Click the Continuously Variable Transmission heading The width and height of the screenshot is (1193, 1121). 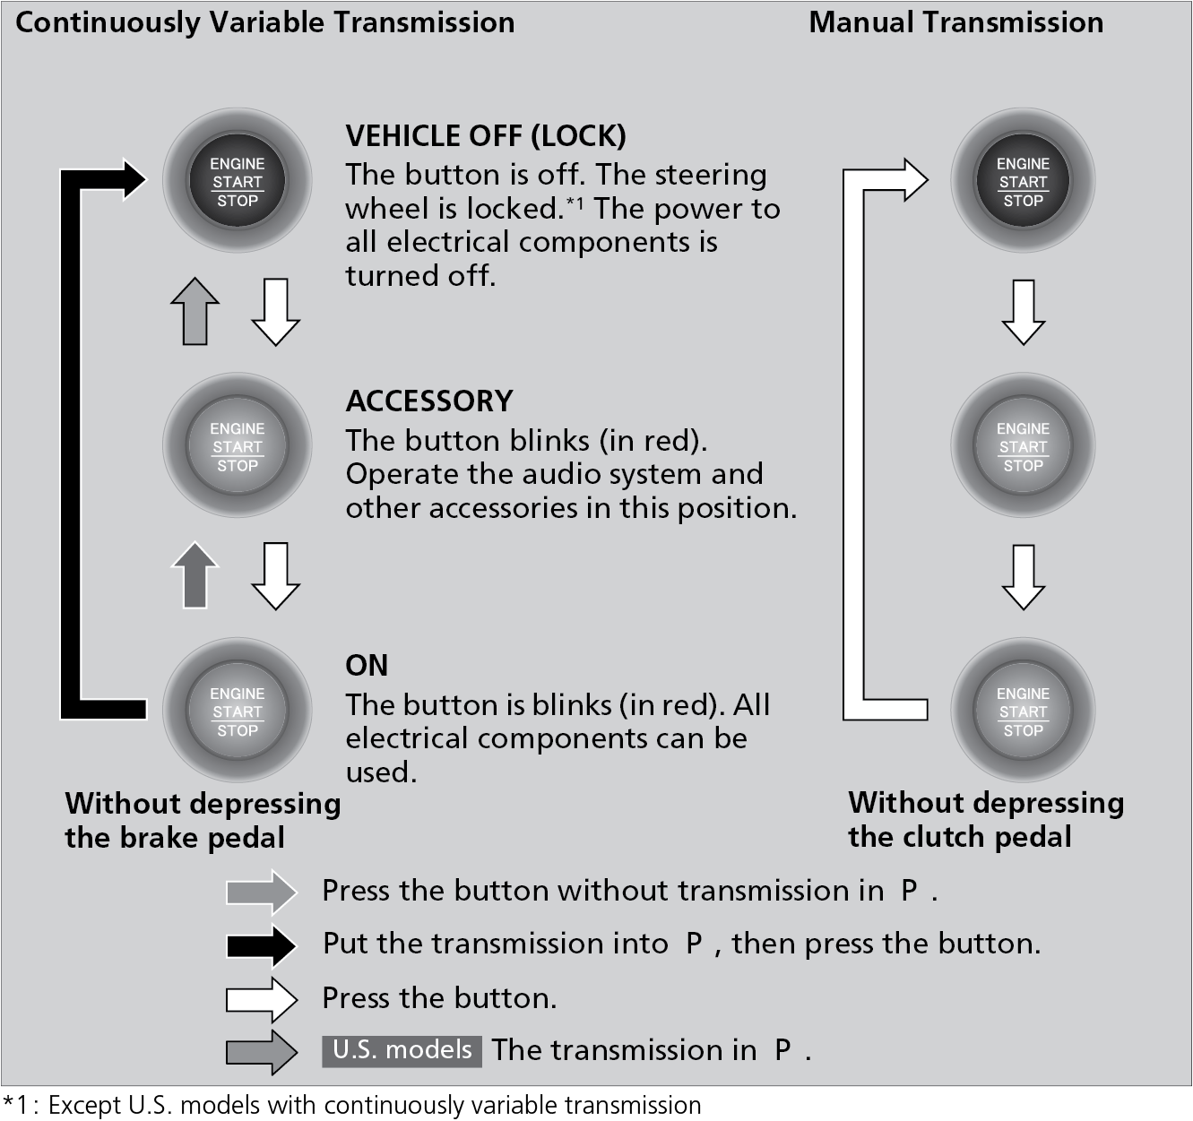pos(265,22)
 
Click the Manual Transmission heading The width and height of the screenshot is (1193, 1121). pos(955,22)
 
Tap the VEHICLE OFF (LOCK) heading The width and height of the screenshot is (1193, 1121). pos(486,136)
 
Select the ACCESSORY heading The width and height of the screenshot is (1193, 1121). pos(429,401)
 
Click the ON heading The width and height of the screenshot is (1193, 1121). pos(367,665)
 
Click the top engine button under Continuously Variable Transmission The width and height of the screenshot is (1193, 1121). pos(238,182)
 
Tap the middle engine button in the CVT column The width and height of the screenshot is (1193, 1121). pos(238,446)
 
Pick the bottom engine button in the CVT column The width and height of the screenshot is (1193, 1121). pos(238,711)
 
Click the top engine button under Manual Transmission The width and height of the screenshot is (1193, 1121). pos(1023,182)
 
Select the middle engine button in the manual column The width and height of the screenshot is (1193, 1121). pos(1023,446)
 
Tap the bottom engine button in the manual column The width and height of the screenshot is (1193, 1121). pos(1023,711)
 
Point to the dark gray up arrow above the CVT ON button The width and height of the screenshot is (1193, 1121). pos(195,575)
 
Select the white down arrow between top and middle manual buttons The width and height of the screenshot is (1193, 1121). pos(1023,312)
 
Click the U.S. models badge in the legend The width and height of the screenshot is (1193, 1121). pos(402,1050)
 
